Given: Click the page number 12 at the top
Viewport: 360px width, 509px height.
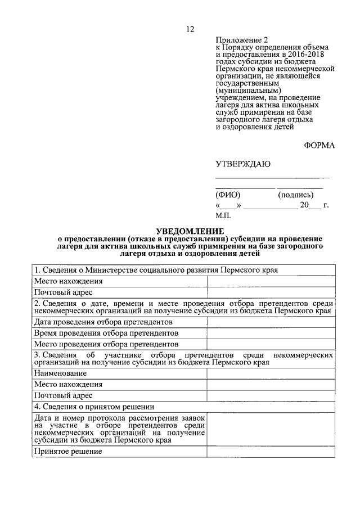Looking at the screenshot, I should coord(190,29).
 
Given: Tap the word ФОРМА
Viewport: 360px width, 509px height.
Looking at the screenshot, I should coord(319,146).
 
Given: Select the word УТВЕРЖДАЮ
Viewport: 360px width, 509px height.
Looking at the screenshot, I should coord(243,164).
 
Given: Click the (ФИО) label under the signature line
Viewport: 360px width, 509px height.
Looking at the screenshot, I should coord(228,195).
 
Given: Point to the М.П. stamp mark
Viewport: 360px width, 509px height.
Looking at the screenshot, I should coord(223,215).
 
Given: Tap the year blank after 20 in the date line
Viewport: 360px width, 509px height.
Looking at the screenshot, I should coord(316,205).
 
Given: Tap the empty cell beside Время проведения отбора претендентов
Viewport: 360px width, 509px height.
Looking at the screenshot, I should coord(271,333).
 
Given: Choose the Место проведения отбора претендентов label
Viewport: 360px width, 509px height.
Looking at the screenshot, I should coord(106,344).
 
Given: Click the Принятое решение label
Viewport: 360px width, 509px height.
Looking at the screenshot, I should coord(67,451).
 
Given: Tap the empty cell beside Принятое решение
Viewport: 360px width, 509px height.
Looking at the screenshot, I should coord(271,451).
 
